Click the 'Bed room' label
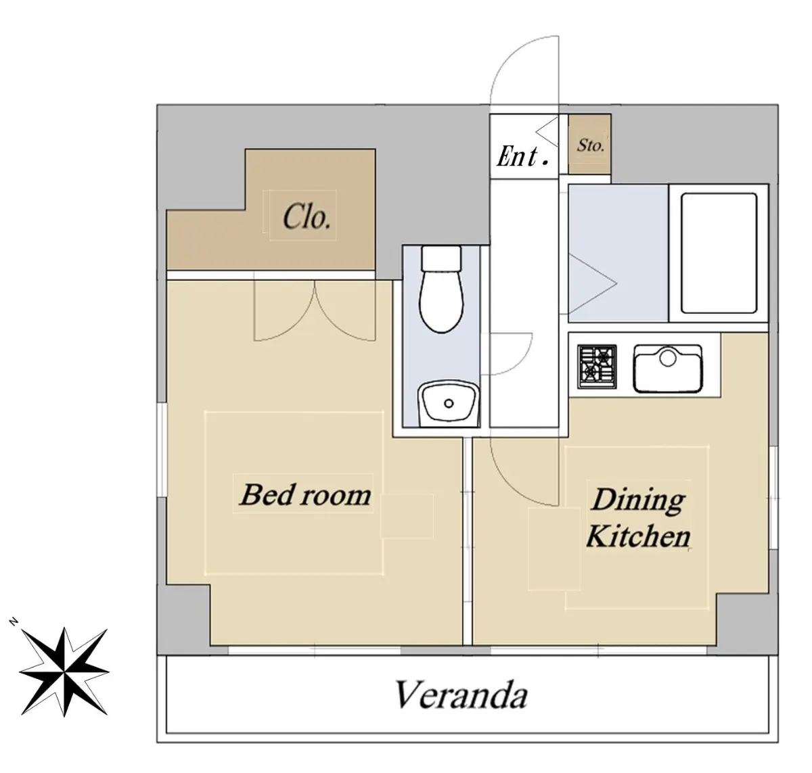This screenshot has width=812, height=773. [x=305, y=494]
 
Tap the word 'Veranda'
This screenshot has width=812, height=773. [x=461, y=694]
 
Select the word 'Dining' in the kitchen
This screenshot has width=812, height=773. [x=639, y=500]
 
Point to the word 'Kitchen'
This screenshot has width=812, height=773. [x=638, y=536]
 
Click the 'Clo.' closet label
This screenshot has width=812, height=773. [x=307, y=216]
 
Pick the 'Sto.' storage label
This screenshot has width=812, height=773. [x=591, y=145]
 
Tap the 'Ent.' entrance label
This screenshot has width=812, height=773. [x=522, y=156]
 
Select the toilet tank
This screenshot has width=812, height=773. [x=441, y=258]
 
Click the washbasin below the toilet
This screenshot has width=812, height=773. [x=448, y=404]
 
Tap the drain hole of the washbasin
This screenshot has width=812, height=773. [x=449, y=404]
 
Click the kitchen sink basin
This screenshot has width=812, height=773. [x=667, y=369]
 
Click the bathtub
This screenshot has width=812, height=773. [x=719, y=253]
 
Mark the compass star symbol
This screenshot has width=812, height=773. [x=64, y=672]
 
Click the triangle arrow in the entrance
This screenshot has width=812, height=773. [x=547, y=132]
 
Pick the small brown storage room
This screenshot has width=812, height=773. [x=589, y=144]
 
